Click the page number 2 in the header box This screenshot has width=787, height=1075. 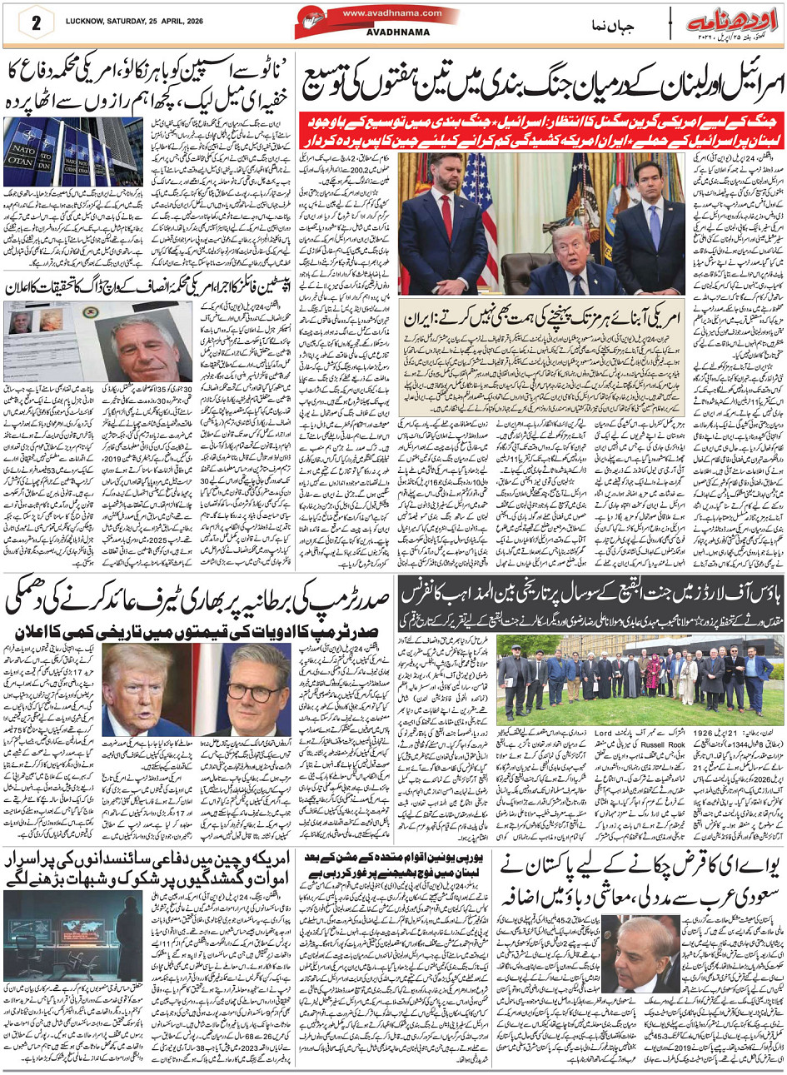(x=37, y=22)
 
